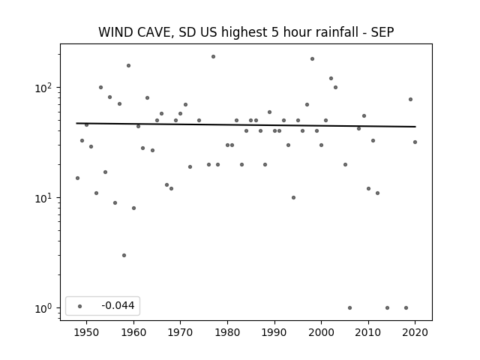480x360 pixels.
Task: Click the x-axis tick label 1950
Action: (x=86, y=332)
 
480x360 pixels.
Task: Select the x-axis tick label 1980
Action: (x=227, y=332)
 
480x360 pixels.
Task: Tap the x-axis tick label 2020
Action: (x=415, y=332)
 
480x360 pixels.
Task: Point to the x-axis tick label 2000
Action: (x=321, y=332)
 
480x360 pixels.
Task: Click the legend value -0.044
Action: (x=118, y=305)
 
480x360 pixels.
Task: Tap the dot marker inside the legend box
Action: (x=80, y=306)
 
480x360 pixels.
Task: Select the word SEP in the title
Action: (x=382, y=32)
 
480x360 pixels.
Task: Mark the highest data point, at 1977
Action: (x=213, y=57)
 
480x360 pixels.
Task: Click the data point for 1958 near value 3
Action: (x=124, y=255)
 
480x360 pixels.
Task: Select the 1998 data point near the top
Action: (x=312, y=58)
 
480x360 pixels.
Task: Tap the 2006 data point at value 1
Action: (x=350, y=308)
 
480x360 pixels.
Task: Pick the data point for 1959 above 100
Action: (x=128, y=65)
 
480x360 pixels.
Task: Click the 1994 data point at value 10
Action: (x=293, y=198)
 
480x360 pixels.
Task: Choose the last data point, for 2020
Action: (x=415, y=142)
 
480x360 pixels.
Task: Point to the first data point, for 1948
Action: (x=77, y=178)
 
